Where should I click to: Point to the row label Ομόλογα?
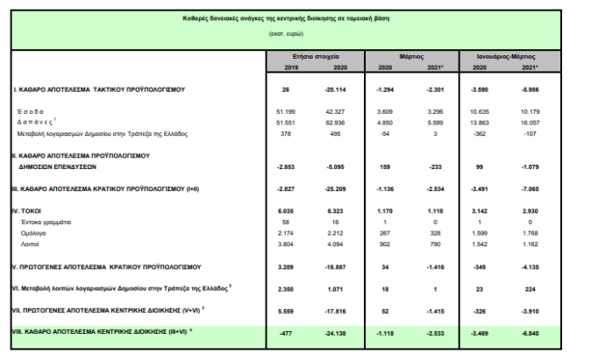pos(33,233)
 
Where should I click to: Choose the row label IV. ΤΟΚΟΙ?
pos(29,211)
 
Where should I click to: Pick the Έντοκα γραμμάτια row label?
pos(44,223)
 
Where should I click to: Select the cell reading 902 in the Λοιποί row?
pos(383,244)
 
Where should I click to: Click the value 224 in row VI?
pos(530,287)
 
